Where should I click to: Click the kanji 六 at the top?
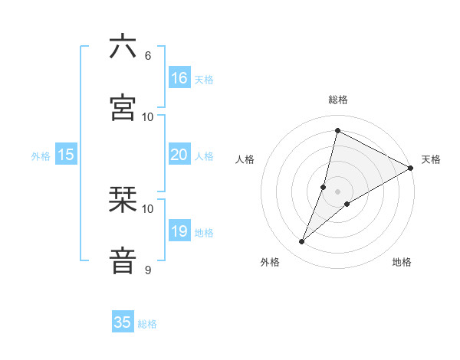point(123,47)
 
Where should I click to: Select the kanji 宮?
point(123,108)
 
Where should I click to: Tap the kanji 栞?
point(123,200)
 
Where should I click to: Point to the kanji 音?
point(123,261)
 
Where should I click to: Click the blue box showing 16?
point(179,78)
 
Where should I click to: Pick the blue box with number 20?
point(179,155)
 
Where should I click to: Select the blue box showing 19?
point(179,231)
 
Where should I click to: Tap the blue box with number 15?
point(66,155)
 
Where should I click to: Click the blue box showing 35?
point(123,322)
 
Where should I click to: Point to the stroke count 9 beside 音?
point(147,270)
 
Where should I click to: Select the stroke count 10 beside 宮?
point(147,116)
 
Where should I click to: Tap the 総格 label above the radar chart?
point(338,100)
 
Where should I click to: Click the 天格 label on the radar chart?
point(431,159)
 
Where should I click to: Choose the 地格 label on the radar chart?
point(402,262)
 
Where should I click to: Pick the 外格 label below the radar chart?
point(270,262)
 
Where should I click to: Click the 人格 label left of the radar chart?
point(245,159)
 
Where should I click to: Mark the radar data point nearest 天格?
point(411,168)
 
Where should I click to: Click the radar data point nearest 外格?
point(302,242)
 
